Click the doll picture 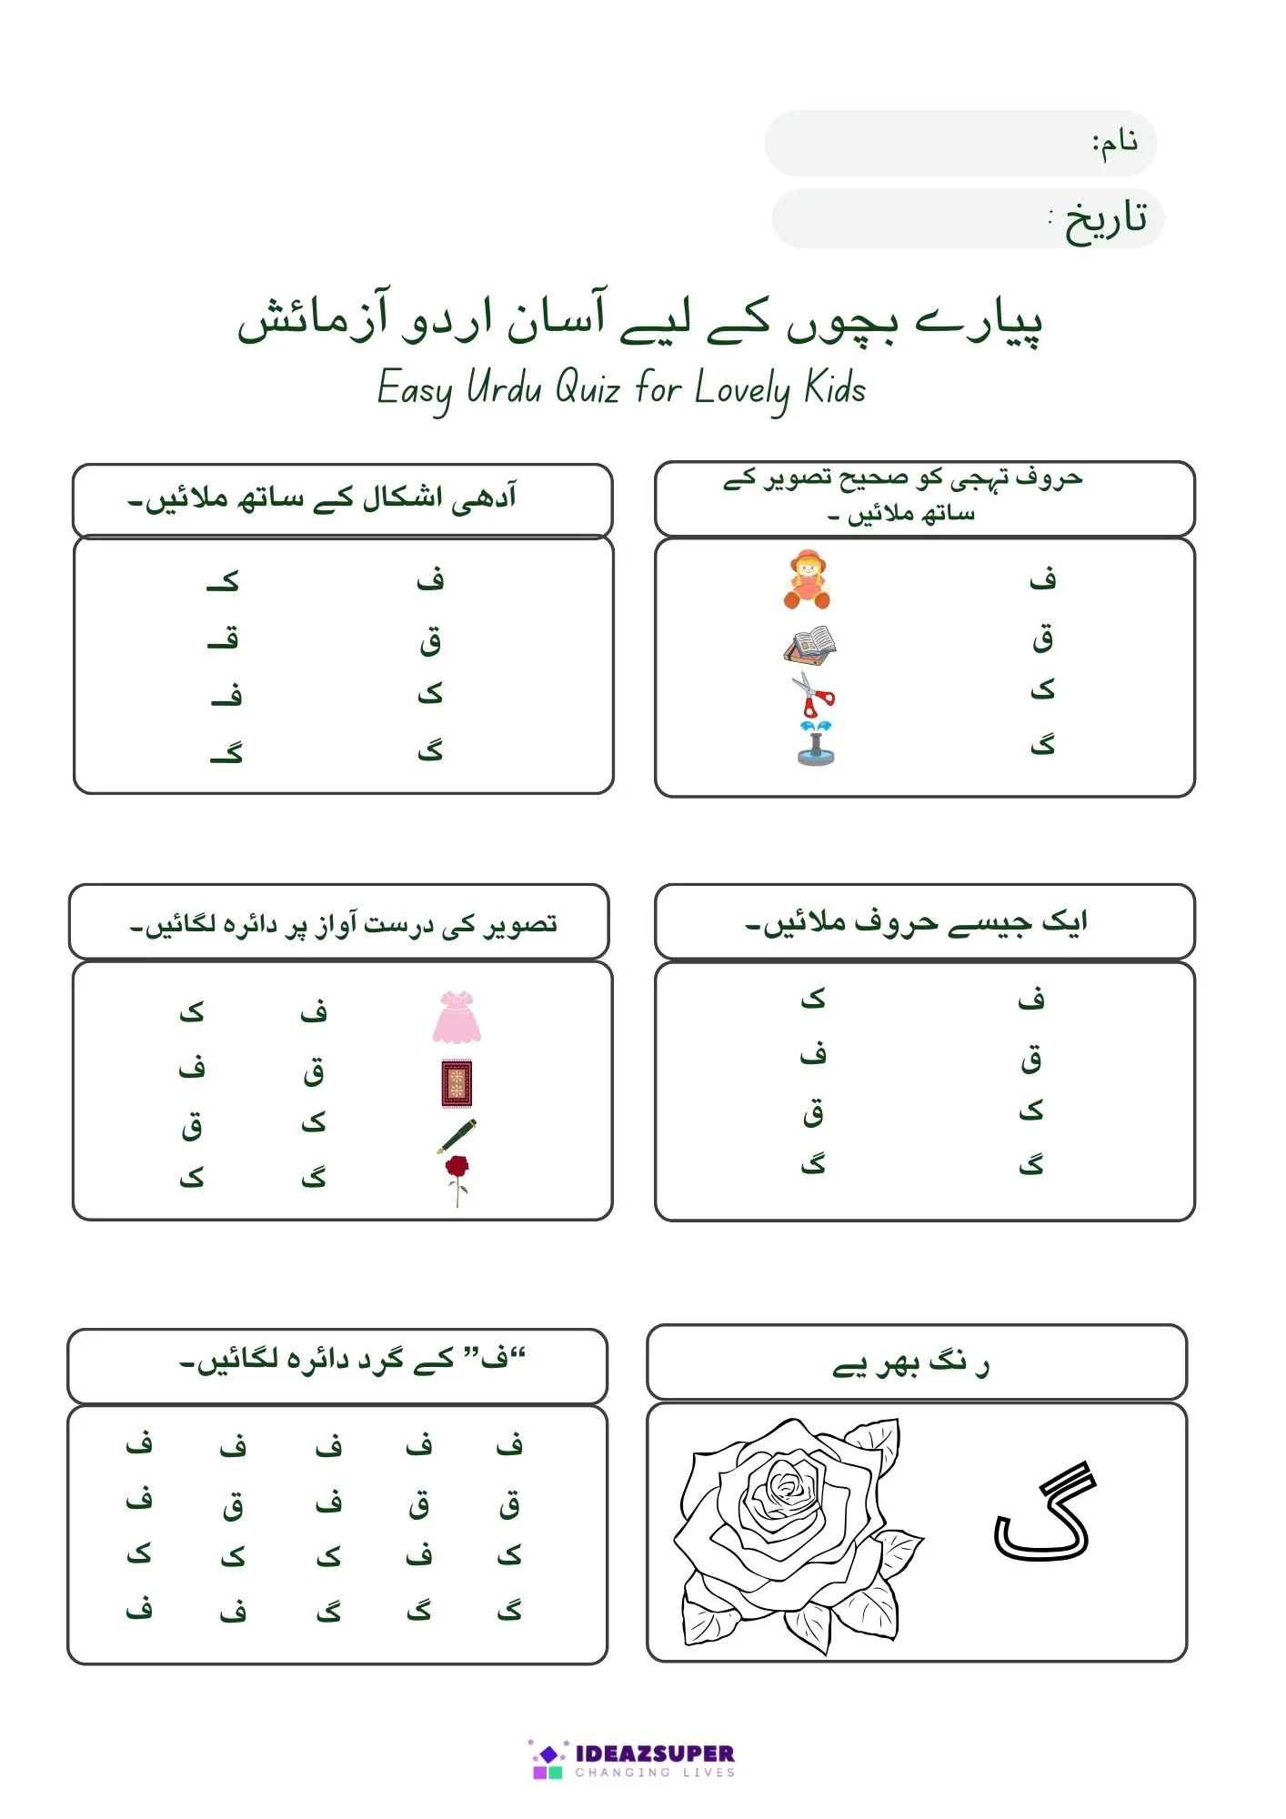tap(807, 579)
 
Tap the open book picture tap(809, 645)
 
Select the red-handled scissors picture tap(812, 696)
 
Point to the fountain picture tap(815, 743)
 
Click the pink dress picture tap(457, 1018)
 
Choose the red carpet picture tap(457, 1083)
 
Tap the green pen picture tap(457, 1136)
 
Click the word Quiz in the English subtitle tap(588, 388)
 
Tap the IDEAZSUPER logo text tap(655, 1754)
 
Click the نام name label tap(1115, 143)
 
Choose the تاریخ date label tap(1104, 219)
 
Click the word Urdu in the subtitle tap(504, 388)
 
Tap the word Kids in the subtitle tap(835, 388)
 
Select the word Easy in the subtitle tap(415, 390)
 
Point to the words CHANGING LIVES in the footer tap(655, 1773)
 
